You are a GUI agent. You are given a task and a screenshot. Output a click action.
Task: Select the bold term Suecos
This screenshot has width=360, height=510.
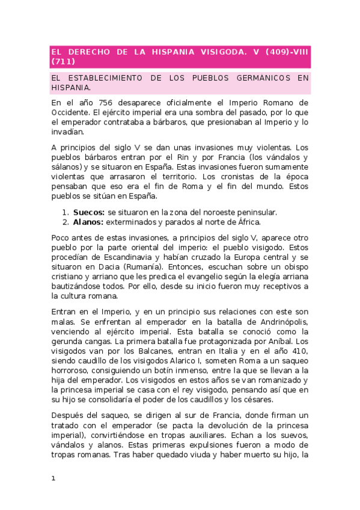(88, 212)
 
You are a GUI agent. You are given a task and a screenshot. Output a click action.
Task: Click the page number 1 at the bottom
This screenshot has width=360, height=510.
(53, 479)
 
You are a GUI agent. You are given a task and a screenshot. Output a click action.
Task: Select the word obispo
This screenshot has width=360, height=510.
(294, 266)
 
